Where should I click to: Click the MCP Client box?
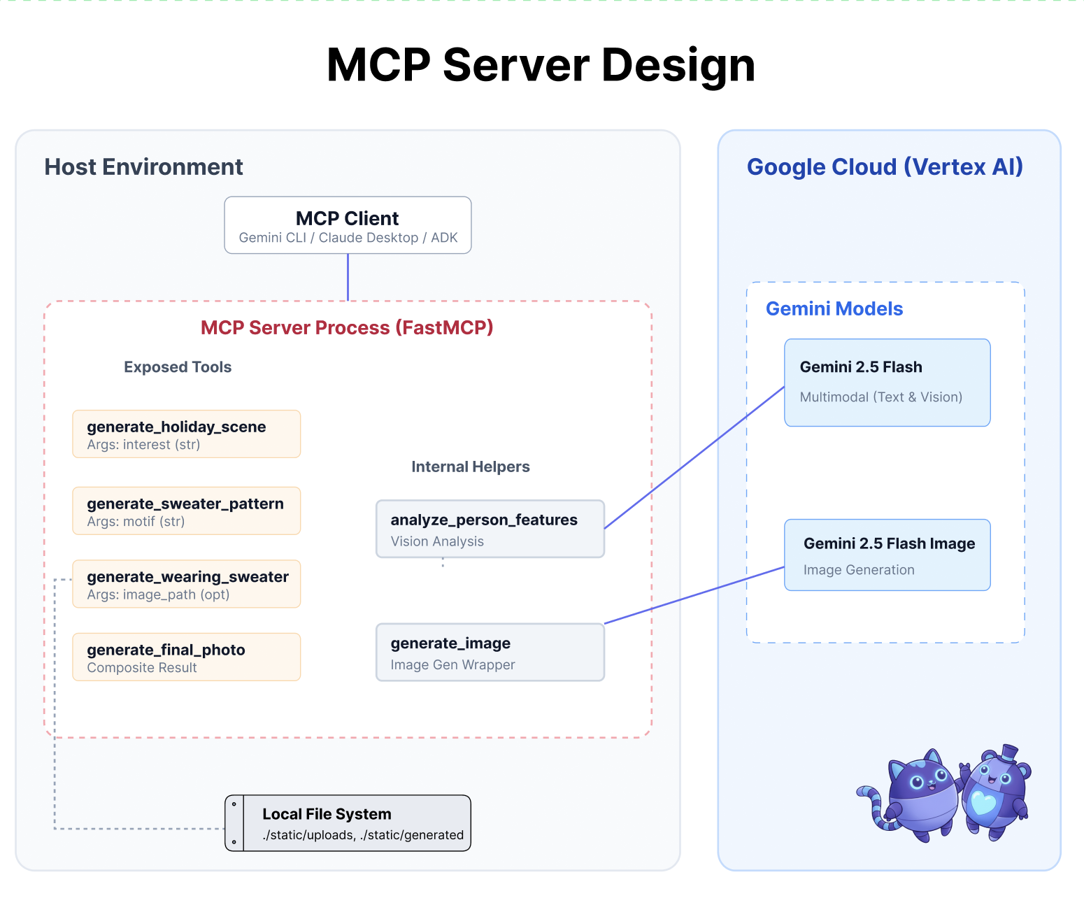click(x=348, y=225)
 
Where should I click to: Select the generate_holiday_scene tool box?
click(x=186, y=434)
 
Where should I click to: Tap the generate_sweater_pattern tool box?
click(x=186, y=511)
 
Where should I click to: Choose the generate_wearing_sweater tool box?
click(x=186, y=584)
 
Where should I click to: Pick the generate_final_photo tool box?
click(x=186, y=657)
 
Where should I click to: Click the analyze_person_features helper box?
click(x=490, y=529)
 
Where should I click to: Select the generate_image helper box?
click(x=490, y=653)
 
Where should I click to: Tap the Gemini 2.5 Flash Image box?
click(x=887, y=555)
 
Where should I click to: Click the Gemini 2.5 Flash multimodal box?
click(x=887, y=383)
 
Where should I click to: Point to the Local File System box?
click(x=348, y=823)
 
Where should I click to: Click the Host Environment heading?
click(x=143, y=167)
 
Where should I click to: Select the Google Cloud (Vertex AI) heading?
click(x=885, y=167)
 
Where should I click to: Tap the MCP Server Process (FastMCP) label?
click(x=347, y=327)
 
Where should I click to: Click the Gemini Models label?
click(x=834, y=309)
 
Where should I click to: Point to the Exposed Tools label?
click(x=178, y=367)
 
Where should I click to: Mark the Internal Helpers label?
click(x=470, y=466)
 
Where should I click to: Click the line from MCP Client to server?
click(x=348, y=278)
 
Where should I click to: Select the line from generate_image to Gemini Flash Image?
click(x=694, y=595)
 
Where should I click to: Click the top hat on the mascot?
click(x=1008, y=753)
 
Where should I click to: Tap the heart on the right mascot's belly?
click(x=983, y=803)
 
